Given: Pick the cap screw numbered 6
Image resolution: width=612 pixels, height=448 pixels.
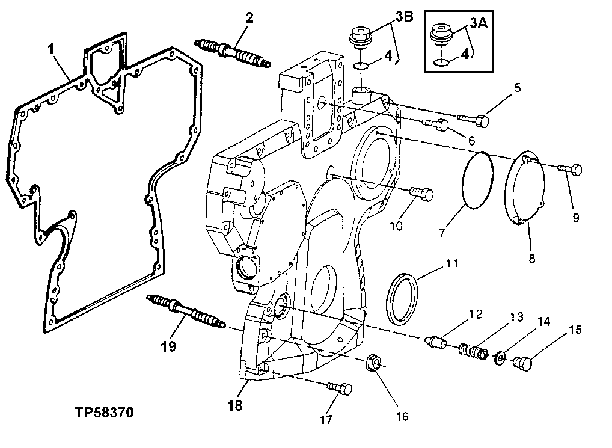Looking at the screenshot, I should (x=435, y=124).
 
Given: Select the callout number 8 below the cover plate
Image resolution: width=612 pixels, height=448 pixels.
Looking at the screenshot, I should (x=531, y=258).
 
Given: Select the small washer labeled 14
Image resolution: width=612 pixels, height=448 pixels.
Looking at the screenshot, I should (x=498, y=359).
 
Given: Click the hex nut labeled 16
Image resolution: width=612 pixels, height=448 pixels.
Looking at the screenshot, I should (x=373, y=363).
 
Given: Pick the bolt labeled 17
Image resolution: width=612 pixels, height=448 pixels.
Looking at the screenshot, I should (x=340, y=388).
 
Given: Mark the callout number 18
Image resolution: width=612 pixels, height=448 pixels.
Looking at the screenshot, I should (x=234, y=405).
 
